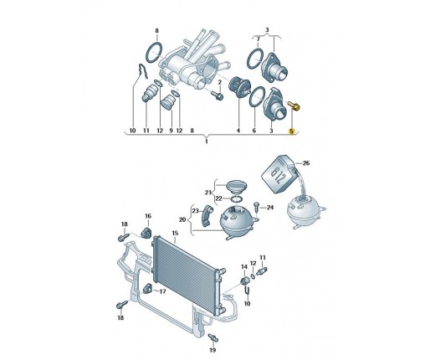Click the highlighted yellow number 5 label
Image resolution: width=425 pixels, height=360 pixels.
(292, 131)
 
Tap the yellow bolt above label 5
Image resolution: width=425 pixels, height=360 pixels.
(294, 105)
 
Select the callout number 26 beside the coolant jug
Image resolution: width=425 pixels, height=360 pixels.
(306, 163)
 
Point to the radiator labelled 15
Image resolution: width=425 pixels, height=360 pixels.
(187, 275)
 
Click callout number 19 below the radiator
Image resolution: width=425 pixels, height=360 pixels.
(212, 350)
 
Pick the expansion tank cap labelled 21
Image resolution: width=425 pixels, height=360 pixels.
(236, 187)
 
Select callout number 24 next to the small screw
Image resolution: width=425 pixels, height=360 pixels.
(270, 208)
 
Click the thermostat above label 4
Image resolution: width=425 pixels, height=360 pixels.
(239, 87)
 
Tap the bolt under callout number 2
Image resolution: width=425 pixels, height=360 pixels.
(218, 95)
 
